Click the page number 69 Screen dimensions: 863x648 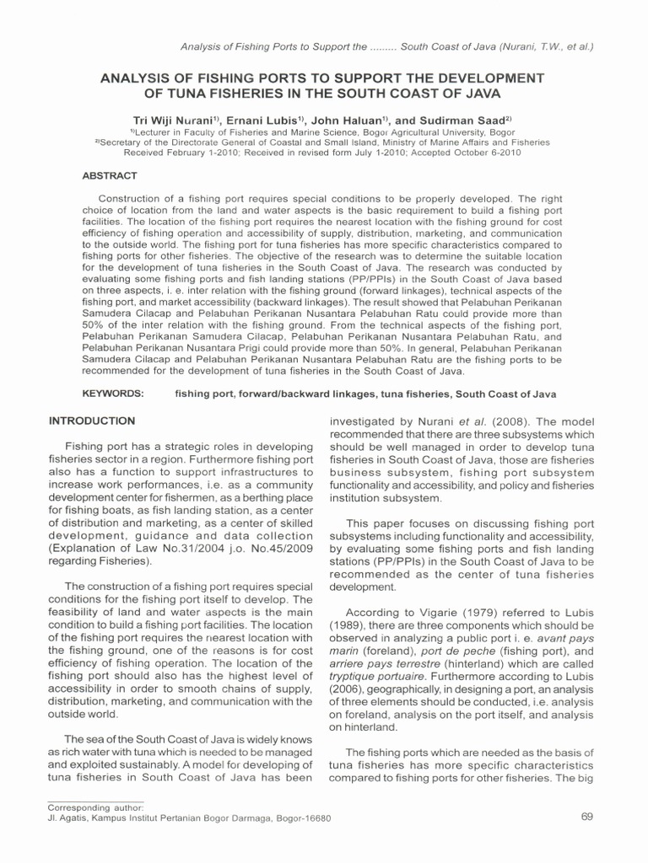pos(589,817)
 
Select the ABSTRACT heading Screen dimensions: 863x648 pos(109,175)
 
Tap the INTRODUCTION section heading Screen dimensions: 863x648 pos(92,421)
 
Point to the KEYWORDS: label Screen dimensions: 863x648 pos(113,394)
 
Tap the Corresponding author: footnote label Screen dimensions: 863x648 pos(95,807)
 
